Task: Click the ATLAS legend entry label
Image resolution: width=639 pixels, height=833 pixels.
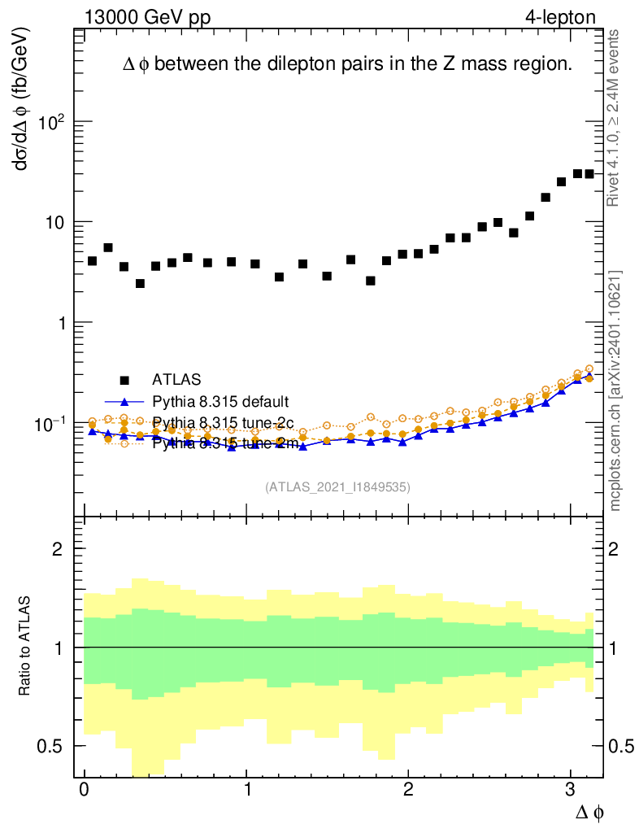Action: (176, 379)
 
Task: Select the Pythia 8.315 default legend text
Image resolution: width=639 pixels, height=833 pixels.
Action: (220, 401)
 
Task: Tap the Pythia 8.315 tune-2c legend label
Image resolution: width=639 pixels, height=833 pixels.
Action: (222, 422)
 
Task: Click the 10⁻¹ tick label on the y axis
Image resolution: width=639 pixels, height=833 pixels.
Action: (48, 424)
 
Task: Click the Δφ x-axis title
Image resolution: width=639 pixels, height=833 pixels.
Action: (589, 811)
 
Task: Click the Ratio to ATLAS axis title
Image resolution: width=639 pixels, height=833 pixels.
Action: (26, 647)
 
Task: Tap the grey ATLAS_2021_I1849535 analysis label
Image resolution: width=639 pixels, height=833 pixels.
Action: (337, 487)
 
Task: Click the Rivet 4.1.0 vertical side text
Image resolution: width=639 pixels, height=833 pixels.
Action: (615, 118)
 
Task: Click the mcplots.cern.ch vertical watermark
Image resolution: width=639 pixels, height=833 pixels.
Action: (615, 391)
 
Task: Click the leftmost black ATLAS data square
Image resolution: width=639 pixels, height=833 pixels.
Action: (92, 261)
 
